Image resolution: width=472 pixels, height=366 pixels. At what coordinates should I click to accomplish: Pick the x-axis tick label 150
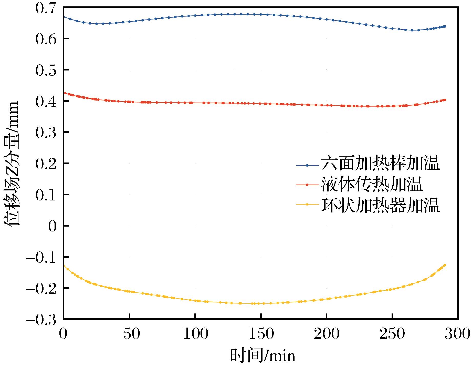pos(261,334)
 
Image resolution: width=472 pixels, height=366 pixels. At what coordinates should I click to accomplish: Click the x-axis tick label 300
pos(457,334)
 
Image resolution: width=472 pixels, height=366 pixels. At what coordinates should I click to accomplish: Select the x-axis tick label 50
pos(130,334)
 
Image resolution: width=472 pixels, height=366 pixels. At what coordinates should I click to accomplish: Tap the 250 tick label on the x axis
pos(392,334)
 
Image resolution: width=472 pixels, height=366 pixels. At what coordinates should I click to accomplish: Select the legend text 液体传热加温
pos(371,184)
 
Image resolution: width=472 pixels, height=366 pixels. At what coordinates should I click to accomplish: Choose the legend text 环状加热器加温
pos(380,204)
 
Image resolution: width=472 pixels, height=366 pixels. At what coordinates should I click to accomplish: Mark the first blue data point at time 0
pos(64,17)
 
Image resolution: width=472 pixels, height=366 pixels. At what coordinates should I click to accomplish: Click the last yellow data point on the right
pos(445,265)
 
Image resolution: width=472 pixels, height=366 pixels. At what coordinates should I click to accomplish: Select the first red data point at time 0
pos(65,93)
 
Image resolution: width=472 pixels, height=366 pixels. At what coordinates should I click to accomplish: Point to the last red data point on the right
pos(445,100)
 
